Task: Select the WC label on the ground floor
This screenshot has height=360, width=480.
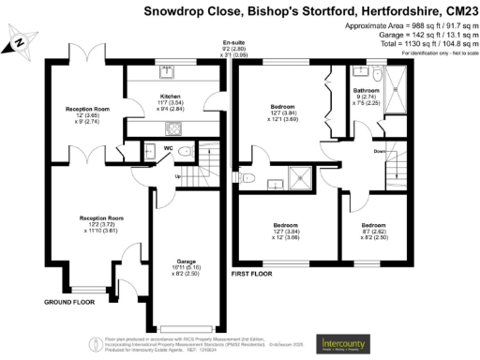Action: tap(167, 147)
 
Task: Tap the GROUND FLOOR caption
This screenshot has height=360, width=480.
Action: tap(71, 303)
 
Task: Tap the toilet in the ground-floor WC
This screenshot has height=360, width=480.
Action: tap(185, 153)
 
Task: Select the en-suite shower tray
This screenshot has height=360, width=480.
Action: tap(302, 175)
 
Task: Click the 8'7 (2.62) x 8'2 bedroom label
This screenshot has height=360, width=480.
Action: tap(374, 232)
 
